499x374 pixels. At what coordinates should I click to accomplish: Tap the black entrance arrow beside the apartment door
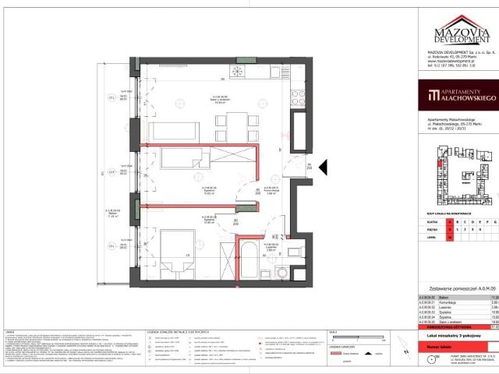[x=325, y=166]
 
